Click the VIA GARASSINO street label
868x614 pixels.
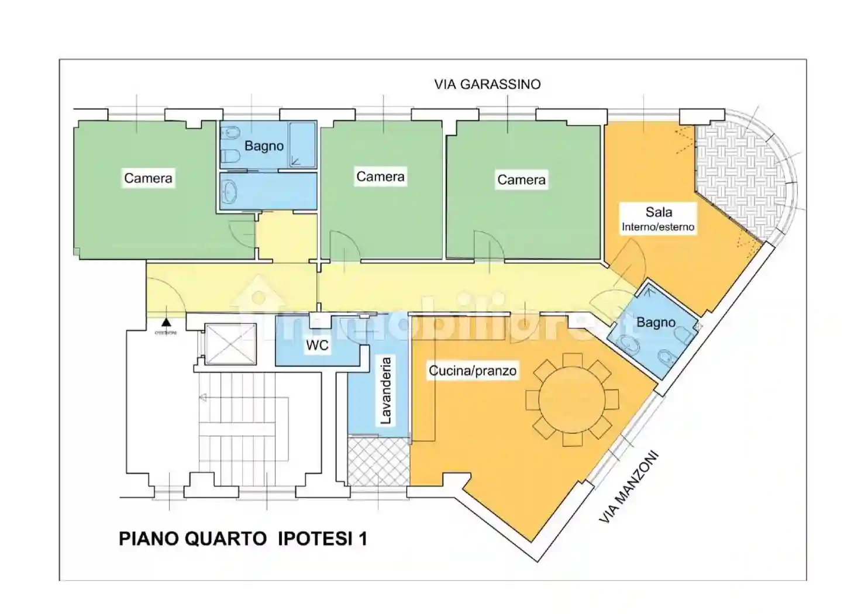[487, 84]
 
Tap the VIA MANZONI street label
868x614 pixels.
[629, 487]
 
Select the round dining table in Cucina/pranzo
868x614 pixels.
[571, 400]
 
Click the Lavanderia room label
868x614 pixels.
[386, 391]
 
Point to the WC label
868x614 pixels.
[317, 345]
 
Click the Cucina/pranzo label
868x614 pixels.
[473, 371]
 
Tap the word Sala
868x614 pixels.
[659, 212]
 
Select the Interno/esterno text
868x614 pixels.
[658, 227]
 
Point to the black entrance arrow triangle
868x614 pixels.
[167, 322]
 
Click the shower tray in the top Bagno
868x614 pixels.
[302, 144]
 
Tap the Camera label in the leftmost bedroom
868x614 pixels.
[148, 178]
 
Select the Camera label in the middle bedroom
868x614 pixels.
[380, 177]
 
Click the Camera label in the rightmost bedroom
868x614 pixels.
[521, 180]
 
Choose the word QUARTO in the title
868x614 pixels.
[225, 539]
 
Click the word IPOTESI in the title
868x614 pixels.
[315, 539]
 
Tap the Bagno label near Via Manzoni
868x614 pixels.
[656, 322]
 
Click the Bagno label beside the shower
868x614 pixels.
[264, 146]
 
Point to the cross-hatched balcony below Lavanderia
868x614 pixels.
[378, 461]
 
